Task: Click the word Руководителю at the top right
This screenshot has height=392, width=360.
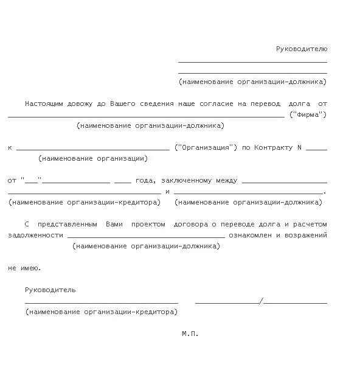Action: [302, 49]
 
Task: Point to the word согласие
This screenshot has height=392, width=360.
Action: [213, 104]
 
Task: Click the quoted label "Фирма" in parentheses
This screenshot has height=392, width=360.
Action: [308, 114]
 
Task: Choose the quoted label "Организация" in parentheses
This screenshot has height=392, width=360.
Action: [206, 147]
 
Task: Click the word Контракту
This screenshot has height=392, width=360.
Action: [272, 147]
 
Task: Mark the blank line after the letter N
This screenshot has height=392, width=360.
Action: [316, 149]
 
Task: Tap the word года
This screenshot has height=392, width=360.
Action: [145, 180]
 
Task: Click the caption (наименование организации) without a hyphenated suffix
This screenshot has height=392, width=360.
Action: [92, 158]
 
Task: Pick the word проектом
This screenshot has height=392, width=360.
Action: [148, 224]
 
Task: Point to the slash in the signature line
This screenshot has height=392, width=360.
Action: [261, 301]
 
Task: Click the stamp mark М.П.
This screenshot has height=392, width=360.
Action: [190, 334]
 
